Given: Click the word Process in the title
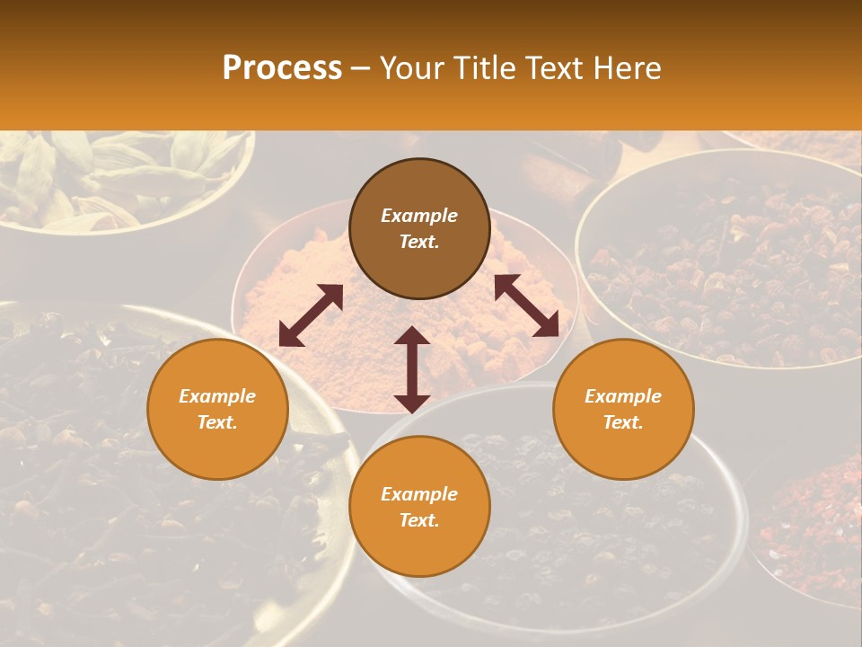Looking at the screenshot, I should coord(282,68).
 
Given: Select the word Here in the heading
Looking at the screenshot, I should coord(626,68).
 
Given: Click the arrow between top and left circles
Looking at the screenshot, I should coord(311,315).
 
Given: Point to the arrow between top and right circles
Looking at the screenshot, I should coord(526,306).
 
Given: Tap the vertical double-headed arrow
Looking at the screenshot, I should coord(412,369).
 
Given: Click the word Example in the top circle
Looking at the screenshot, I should coord(419,216).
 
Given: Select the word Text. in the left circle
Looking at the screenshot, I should coord(217,422).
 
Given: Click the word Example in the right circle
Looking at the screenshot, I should coord(623,396).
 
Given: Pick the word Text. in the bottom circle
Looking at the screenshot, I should coord(419,520).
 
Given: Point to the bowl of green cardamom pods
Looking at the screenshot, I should coord(117,171).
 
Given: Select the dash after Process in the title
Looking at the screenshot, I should coord(361,68).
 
